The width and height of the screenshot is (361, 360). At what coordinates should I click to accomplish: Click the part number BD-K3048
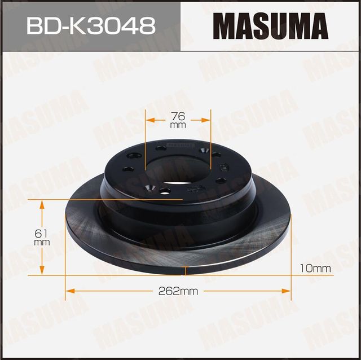click(x=91, y=25)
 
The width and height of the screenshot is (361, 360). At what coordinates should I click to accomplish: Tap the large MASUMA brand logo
click(x=270, y=25)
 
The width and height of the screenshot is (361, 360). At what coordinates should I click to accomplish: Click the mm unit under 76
click(x=178, y=125)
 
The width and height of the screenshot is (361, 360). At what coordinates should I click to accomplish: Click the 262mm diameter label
click(x=179, y=291)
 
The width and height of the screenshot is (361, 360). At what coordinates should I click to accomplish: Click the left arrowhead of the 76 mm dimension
click(x=149, y=120)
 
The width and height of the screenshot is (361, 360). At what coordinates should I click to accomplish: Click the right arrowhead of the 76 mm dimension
click(x=208, y=120)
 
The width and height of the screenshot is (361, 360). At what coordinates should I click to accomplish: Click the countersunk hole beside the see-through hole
click(x=150, y=187)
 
